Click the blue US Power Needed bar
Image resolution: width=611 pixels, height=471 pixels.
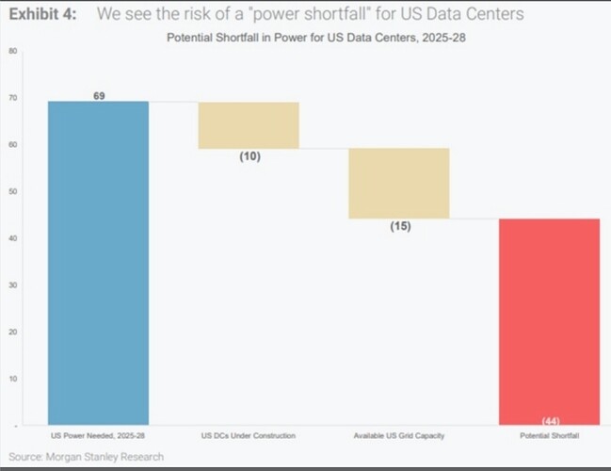point(98,263)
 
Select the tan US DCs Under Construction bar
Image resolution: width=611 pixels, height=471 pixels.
point(249,125)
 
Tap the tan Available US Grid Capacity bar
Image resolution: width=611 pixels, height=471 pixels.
point(399,184)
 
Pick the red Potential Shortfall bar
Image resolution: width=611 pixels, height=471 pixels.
point(550,321)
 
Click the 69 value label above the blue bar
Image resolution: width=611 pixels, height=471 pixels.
point(99,95)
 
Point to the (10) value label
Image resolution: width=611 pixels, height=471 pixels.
point(250,156)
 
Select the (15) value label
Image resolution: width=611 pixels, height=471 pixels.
point(400,226)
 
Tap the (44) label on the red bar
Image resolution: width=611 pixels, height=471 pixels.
point(551,421)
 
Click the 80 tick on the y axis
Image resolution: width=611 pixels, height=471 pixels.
point(13,51)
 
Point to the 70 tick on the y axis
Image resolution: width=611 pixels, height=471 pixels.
point(13,98)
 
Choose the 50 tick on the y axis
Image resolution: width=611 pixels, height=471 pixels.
point(13,191)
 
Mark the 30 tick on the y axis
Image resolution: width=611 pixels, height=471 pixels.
point(13,285)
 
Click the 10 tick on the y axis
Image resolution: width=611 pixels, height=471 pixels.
point(13,379)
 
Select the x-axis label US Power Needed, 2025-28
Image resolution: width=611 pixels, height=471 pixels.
point(98,435)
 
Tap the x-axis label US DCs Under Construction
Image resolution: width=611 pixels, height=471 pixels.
point(249,435)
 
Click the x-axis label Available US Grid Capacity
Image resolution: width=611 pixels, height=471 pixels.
point(399,436)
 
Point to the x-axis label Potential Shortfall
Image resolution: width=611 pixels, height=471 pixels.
point(550,435)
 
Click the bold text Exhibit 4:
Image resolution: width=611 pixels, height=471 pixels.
point(43,14)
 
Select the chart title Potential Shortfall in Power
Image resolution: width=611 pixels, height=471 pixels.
point(316,38)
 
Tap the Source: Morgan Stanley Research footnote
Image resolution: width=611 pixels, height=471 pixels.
point(86,457)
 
